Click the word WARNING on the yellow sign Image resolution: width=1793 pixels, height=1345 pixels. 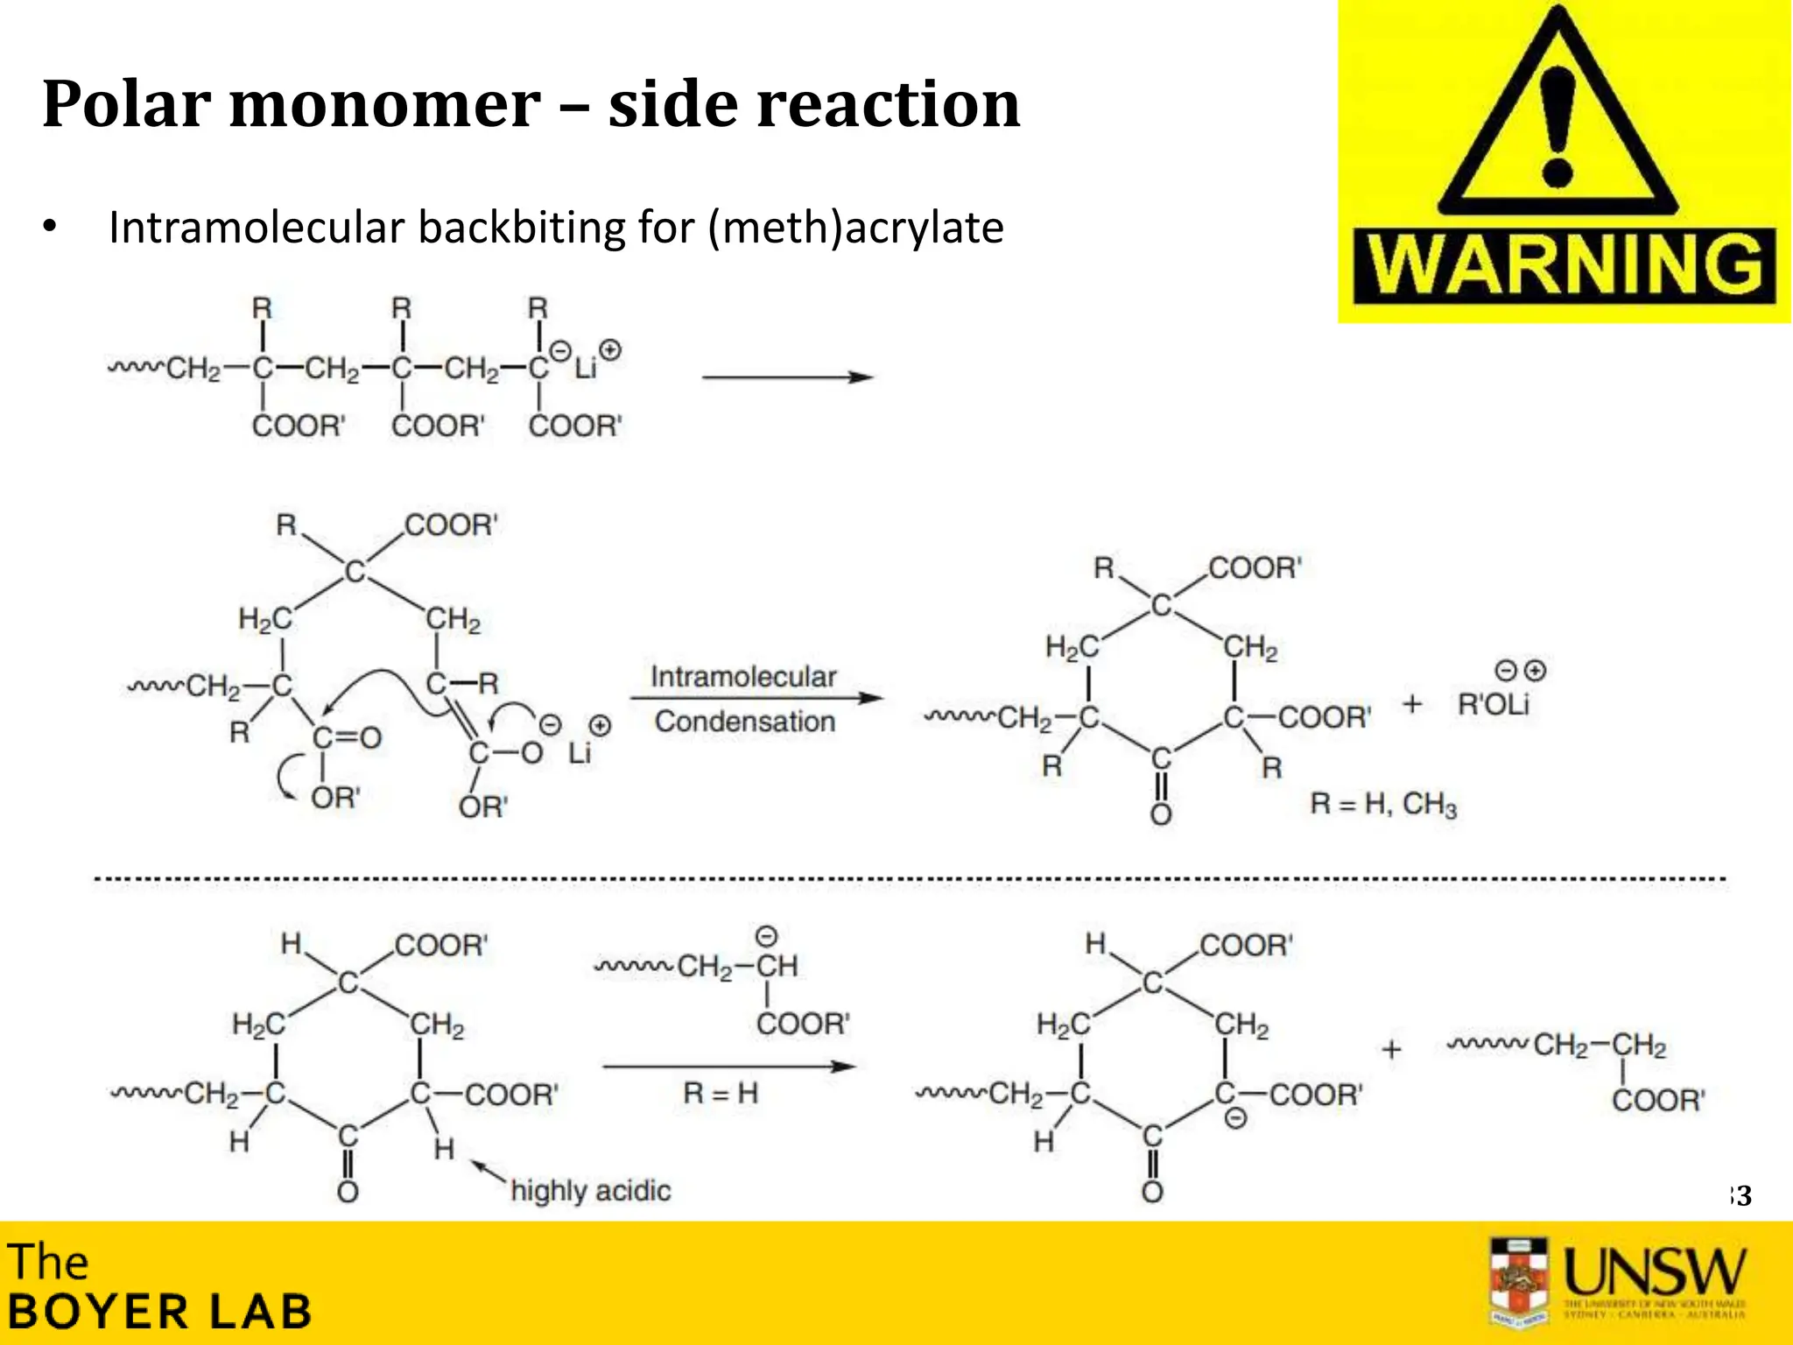(1564, 265)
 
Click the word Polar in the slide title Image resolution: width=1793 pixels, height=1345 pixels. (123, 104)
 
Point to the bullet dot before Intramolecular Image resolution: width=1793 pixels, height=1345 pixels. (50, 228)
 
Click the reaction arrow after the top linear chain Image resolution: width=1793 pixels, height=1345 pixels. (787, 377)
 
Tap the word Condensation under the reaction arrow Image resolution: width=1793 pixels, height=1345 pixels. (744, 722)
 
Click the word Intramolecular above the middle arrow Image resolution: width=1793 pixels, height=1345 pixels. (743, 677)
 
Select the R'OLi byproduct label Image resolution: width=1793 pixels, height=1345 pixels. (1493, 704)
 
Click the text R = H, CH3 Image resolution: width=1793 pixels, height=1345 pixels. (1383, 804)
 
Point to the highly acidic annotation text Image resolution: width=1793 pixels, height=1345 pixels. (591, 1191)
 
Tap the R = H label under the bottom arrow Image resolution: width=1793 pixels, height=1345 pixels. (720, 1093)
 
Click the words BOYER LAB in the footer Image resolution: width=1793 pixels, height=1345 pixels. (159, 1312)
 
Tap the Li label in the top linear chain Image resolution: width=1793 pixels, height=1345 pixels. (585, 367)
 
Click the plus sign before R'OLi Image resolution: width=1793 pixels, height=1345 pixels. (1411, 704)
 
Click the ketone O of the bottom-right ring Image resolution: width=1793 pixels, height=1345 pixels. (1152, 1192)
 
